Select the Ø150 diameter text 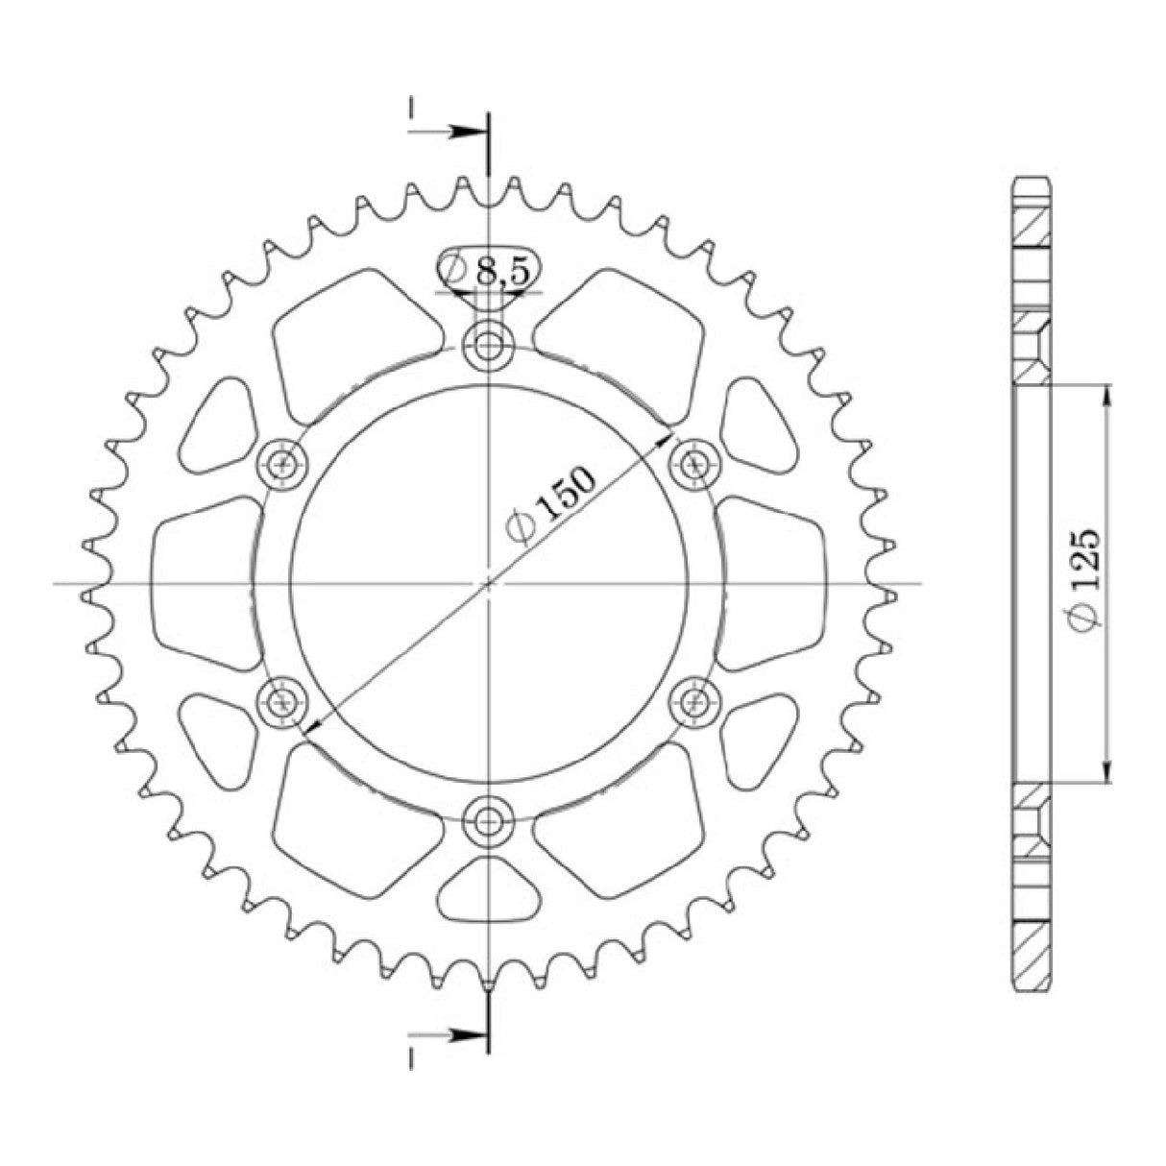click(x=554, y=505)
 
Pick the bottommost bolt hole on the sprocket click(x=489, y=820)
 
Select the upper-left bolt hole click(x=283, y=464)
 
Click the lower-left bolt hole click(x=283, y=701)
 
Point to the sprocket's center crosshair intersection click(x=489, y=583)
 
